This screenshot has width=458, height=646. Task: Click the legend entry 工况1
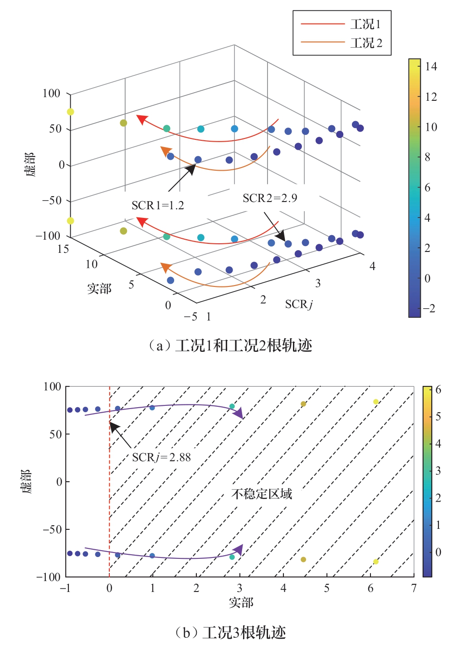(365, 24)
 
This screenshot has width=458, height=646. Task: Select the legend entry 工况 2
(366, 43)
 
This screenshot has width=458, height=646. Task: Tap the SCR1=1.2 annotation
(158, 206)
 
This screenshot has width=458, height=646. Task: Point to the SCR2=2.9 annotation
(270, 198)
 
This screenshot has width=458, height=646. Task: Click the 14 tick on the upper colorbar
(431, 67)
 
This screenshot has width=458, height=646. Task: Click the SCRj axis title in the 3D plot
(299, 304)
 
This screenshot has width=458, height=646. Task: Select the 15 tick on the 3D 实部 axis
(63, 249)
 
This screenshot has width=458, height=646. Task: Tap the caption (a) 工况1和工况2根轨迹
(230, 346)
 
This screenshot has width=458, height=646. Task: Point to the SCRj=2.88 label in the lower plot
(161, 458)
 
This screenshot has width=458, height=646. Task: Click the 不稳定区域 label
(262, 494)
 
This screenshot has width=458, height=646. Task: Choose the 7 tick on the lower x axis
(414, 589)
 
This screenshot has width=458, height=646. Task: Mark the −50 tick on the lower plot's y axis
(52, 529)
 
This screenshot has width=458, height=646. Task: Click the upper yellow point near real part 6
(375, 402)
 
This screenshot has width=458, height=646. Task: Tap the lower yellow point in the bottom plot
(375, 562)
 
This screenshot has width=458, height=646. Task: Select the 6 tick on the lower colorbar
(438, 390)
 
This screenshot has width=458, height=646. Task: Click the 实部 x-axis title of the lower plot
(241, 603)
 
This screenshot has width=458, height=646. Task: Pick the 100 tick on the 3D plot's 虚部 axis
(51, 94)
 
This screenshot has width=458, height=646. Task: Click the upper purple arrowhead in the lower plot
(239, 413)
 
